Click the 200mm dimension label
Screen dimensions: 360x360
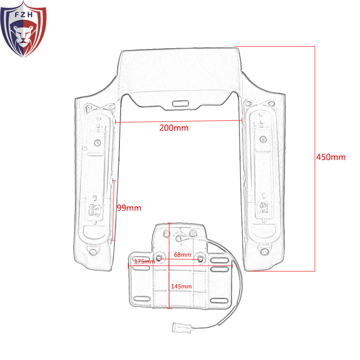click(174, 128)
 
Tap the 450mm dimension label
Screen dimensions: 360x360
click(331, 157)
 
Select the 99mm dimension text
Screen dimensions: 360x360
click(129, 208)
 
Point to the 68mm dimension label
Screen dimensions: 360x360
click(183, 255)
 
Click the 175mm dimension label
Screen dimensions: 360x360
click(144, 261)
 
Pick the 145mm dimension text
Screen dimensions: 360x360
click(181, 286)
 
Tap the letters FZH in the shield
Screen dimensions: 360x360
click(24, 15)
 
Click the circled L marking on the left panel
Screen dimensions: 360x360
click(97, 143)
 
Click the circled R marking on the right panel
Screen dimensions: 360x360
click(263, 139)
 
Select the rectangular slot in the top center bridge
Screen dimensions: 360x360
click(180, 103)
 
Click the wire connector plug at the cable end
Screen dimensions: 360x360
click(182, 327)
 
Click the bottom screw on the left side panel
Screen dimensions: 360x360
click(93, 252)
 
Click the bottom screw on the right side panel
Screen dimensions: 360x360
click(265, 252)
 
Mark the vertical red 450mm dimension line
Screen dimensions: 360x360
click(315, 159)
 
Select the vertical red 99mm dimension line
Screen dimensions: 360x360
click(113, 210)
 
